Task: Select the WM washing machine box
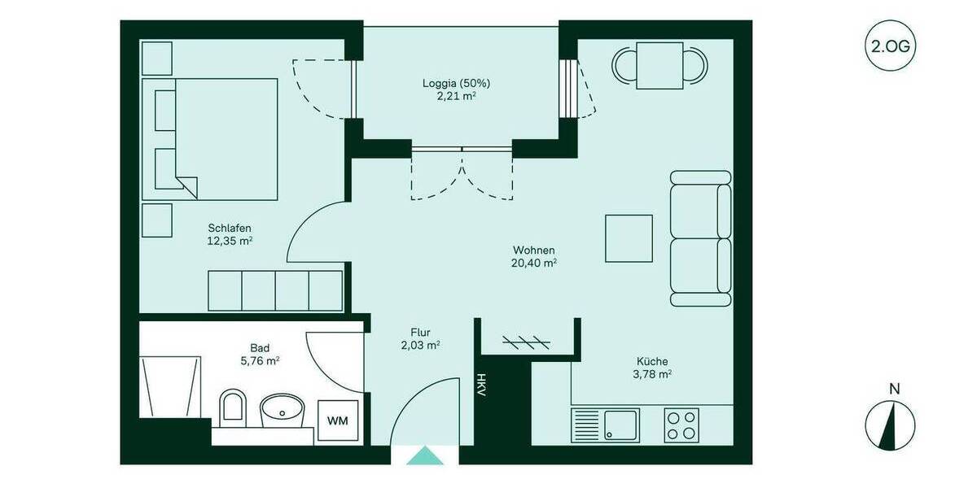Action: [x=337, y=420]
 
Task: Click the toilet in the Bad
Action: [x=233, y=406]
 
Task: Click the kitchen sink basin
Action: [x=621, y=424]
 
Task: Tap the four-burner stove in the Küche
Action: [x=681, y=424]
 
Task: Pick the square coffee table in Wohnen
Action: [x=629, y=238]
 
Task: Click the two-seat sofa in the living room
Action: [x=700, y=239]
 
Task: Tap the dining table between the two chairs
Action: [x=659, y=66]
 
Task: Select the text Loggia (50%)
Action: [x=456, y=83]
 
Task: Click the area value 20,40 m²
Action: [x=534, y=263]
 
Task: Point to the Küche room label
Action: [x=652, y=361]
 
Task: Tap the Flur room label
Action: [x=420, y=332]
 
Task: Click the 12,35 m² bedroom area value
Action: [x=230, y=241]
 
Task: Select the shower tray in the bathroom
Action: [x=171, y=386]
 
